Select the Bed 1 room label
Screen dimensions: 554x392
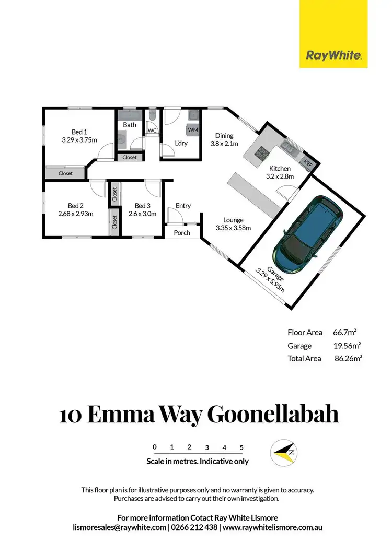tap(79, 132)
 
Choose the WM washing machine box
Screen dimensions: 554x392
tap(192, 129)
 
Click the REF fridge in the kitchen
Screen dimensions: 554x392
tap(308, 163)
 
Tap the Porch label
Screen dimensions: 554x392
tap(182, 233)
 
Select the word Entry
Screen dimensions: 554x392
tap(183, 206)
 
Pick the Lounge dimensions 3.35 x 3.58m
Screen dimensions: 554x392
tap(233, 228)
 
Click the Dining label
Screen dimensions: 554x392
tap(224, 136)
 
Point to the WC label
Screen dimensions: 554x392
tap(153, 131)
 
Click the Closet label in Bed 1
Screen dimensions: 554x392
tap(65, 173)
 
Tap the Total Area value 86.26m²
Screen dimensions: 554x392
tap(349, 359)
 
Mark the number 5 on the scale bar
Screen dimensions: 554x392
tap(241, 447)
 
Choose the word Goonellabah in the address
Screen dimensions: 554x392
tap(273, 415)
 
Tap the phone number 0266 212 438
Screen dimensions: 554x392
tap(194, 527)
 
